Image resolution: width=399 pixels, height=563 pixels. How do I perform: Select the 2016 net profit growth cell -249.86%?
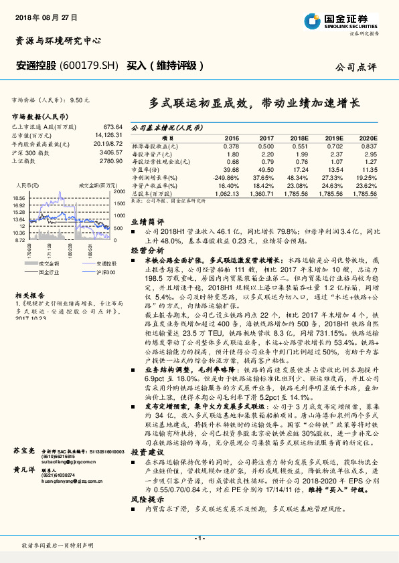coord(227,177)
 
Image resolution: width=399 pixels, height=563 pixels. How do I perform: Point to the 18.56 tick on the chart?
coord(19,199)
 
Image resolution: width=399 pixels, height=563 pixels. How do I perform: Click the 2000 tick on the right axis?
coord(119,192)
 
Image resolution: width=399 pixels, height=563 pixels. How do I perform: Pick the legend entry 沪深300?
coord(99,272)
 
